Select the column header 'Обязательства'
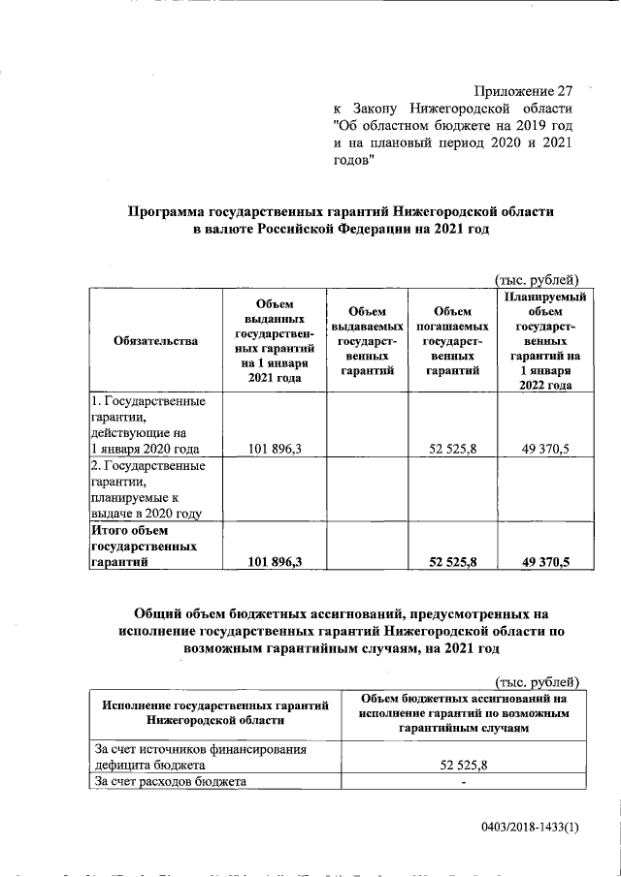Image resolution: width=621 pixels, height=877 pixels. (x=155, y=340)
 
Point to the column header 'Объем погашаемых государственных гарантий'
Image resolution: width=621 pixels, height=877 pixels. (x=451, y=340)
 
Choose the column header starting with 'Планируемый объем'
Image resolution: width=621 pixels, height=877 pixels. (x=538, y=340)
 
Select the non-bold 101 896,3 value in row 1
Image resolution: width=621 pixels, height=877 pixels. (x=275, y=449)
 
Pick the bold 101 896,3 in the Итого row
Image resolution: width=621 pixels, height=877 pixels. (x=275, y=561)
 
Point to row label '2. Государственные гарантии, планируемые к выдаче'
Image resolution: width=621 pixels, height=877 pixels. (x=147, y=489)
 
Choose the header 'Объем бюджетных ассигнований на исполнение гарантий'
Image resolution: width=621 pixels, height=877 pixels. (x=463, y=712)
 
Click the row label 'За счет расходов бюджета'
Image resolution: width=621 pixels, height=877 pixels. (x=171, y=781)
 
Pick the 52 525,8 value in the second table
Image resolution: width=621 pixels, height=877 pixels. (x=463, y=765)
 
